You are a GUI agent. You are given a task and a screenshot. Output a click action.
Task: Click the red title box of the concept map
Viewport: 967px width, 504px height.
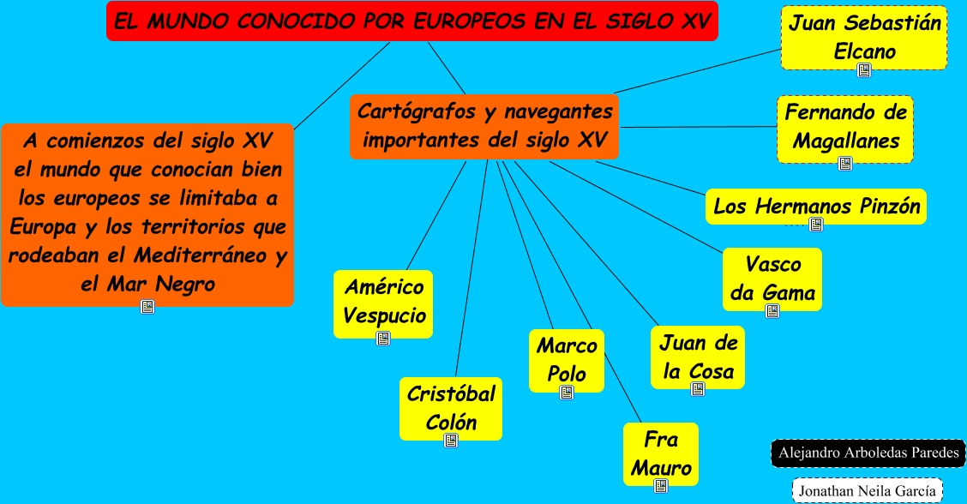411,21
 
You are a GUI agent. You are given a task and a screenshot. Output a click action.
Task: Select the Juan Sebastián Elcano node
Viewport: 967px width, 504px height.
864,37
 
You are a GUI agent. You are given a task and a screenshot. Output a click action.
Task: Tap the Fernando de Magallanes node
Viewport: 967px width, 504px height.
845,126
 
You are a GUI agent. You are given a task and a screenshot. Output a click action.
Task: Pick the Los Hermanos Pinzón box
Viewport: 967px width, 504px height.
816,206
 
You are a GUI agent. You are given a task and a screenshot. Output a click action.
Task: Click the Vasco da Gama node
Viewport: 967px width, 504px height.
772,278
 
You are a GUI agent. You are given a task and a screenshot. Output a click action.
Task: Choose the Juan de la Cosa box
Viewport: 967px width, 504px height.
698,357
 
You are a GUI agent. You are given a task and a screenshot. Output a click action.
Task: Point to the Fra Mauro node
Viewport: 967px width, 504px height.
660,453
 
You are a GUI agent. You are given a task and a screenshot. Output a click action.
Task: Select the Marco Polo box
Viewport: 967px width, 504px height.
567,359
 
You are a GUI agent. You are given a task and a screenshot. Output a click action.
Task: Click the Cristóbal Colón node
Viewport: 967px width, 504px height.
451,407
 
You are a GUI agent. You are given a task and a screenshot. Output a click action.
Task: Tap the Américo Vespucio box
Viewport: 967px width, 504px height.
383,301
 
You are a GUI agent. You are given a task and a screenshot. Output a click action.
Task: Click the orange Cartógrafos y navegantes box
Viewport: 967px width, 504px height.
483,126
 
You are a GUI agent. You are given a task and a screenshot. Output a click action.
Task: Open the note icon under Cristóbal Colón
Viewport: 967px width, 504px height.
451,441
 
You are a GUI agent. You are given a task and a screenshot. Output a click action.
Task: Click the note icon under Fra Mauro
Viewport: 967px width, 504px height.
661,486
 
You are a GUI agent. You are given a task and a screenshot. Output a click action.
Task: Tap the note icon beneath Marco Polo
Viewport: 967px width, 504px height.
567,393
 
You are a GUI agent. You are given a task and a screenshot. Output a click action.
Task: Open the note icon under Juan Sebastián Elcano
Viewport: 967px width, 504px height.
864,71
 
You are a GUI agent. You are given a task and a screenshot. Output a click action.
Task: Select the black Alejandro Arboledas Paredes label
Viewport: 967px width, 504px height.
868,453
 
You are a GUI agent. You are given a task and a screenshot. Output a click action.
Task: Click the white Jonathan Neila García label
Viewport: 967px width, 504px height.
867,491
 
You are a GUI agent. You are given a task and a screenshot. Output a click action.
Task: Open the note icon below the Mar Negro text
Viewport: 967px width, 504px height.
147,306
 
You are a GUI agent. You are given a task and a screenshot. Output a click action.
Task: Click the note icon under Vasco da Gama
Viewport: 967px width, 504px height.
772,311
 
